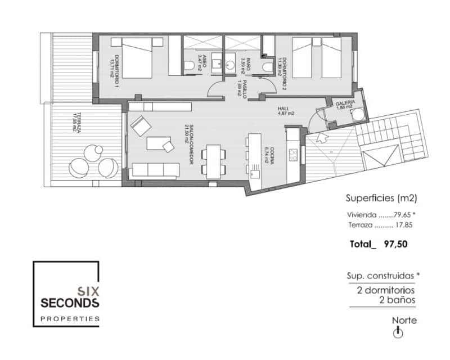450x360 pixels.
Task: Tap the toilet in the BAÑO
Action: coord(268,67)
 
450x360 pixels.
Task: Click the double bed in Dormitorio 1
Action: coord(137,57)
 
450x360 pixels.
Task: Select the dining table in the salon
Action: coord(214,161)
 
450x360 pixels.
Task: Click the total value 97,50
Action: coord(395,244)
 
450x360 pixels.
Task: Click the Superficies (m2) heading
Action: coord(380,198)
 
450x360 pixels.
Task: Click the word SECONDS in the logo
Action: coord(70,303)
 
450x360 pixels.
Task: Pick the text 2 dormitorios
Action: coord(386,290)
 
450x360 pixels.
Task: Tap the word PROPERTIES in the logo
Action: coord(70,319)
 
